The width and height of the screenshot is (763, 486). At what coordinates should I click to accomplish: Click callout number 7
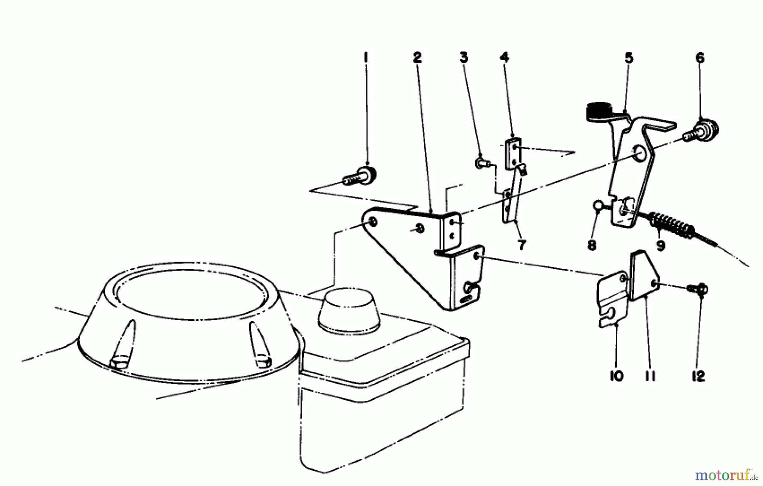(521, 245)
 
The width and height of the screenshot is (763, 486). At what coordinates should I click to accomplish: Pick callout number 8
(592, 245)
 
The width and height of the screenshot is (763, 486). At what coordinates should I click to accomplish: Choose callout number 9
(660, 245)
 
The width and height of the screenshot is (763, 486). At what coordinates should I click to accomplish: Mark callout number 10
(617, 376)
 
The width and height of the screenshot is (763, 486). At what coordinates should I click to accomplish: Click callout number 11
(651, 376)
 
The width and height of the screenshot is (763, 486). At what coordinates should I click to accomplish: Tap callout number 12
(698, 376)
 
